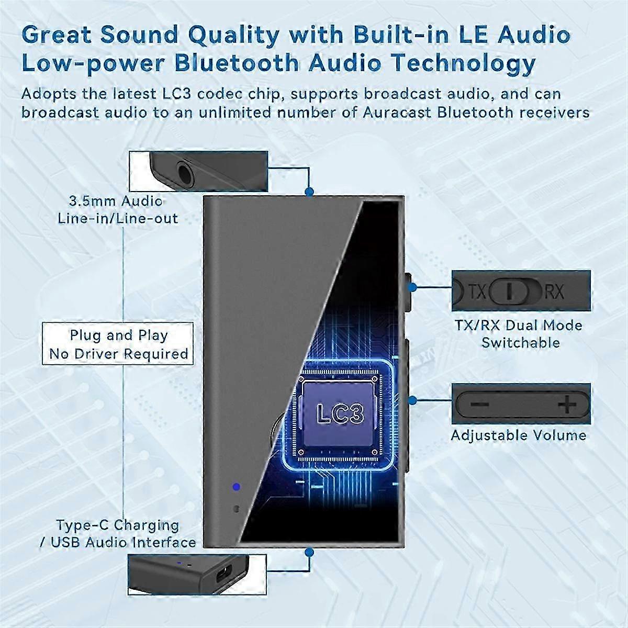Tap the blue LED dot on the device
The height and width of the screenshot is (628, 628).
click(x=236, y=487)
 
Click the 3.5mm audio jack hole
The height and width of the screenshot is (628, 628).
click(x=184, y=173)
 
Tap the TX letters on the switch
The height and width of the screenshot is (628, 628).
click(x=478, y=291)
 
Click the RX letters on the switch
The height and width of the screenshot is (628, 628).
click(x=554, y=291)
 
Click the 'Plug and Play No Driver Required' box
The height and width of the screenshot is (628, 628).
click(x=118, y=344)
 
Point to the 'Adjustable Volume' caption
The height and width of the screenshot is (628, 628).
click(x=519, y=435)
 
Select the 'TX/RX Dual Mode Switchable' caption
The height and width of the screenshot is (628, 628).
click(x=519, y=334)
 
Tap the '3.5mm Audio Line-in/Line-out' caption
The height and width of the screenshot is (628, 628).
click(x=118, y=209)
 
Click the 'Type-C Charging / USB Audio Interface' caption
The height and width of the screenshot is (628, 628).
click(x=118, y=533)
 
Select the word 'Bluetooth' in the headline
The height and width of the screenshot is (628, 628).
click(x=237, y=63)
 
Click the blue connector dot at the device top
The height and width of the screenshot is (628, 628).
click(x=309, y=192)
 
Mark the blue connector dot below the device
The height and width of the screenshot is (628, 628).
click(x=309, y=552)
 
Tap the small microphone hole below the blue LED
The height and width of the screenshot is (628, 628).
click(x=236, y=508)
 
